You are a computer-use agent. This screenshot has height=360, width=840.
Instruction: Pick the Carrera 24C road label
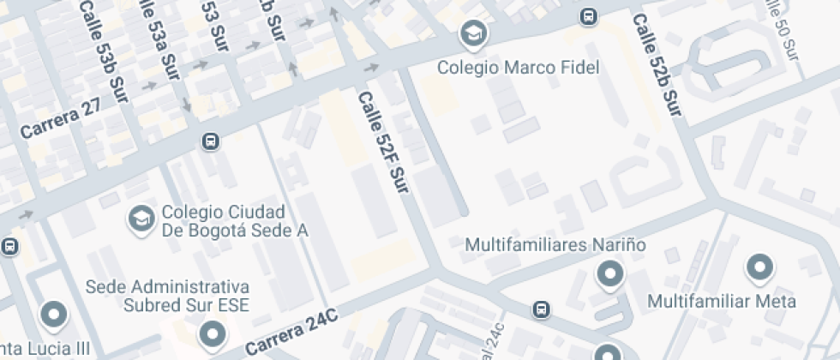tap(291, 335)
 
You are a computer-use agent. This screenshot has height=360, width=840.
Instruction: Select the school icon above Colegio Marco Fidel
tap(471, 35)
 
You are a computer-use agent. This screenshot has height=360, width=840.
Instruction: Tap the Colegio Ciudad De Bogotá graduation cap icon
tap(140, 219)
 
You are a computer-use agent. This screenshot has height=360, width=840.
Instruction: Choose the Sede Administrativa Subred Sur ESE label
tap(167, 295)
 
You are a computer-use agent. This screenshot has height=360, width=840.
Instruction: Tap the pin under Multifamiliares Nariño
tap(609, 274)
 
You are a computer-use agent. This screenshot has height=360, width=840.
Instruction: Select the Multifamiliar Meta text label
tap(721, 301)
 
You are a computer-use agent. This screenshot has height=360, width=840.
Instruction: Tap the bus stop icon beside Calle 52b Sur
tap(589, 15)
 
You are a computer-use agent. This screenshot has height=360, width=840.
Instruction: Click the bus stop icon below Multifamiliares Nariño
tap(541, 309)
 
